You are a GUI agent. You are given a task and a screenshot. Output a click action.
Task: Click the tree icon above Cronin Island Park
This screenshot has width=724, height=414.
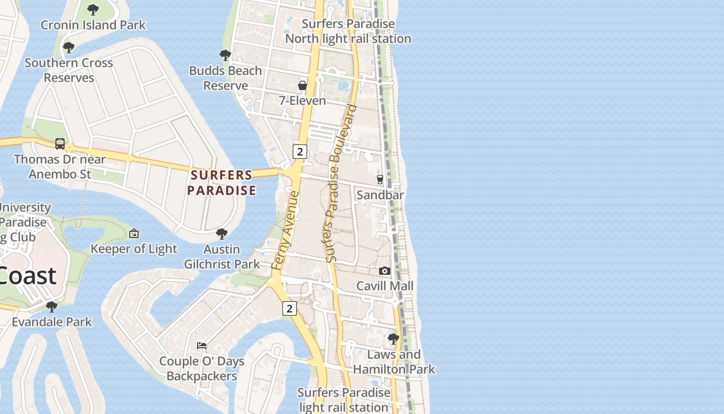click(93, 9)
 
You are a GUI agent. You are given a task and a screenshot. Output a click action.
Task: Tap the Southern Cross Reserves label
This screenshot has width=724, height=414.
click(69, 70)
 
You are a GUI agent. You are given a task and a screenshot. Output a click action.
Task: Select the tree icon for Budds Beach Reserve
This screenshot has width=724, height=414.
click(225, 55)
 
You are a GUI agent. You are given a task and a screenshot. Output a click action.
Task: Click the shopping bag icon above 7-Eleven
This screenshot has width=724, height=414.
click(303, 85)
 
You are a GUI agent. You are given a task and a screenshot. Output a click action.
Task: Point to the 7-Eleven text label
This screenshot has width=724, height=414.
click(303, 100)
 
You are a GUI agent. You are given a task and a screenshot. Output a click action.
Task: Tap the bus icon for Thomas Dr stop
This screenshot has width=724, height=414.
click(60, 143)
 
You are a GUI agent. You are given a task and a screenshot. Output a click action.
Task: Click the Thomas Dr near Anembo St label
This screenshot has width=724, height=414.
click(59, 167)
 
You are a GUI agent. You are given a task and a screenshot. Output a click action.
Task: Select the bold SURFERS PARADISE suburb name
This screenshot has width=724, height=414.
click(221, 183)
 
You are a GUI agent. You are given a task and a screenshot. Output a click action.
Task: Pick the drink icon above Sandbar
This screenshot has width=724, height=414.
click(380, 180)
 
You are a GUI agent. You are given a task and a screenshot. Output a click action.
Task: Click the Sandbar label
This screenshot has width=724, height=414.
click(380, 195)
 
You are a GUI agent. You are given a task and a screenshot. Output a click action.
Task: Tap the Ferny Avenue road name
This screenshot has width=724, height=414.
click(285, 230)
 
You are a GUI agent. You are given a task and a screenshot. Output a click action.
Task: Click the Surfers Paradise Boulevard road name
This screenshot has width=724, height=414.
click(339, 184)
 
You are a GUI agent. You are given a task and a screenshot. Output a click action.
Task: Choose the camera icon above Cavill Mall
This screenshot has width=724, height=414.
click(384, 271)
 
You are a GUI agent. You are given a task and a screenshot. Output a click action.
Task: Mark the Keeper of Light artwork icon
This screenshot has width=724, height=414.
click(134, 233)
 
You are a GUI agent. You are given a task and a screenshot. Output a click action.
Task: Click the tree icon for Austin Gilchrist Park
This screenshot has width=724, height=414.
click(222, 233)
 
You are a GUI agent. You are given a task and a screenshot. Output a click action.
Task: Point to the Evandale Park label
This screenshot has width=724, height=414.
click(52, 322)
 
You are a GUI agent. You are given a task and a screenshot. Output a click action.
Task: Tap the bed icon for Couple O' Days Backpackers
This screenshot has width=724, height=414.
click(202, 345)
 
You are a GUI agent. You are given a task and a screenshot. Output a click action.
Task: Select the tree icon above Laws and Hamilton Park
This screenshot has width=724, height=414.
click(394, 339)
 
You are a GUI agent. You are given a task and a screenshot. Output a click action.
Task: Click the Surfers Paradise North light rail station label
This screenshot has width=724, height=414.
click(348, 32)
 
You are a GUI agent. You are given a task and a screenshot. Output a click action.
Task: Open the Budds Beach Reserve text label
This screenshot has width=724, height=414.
click(225, 78)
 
